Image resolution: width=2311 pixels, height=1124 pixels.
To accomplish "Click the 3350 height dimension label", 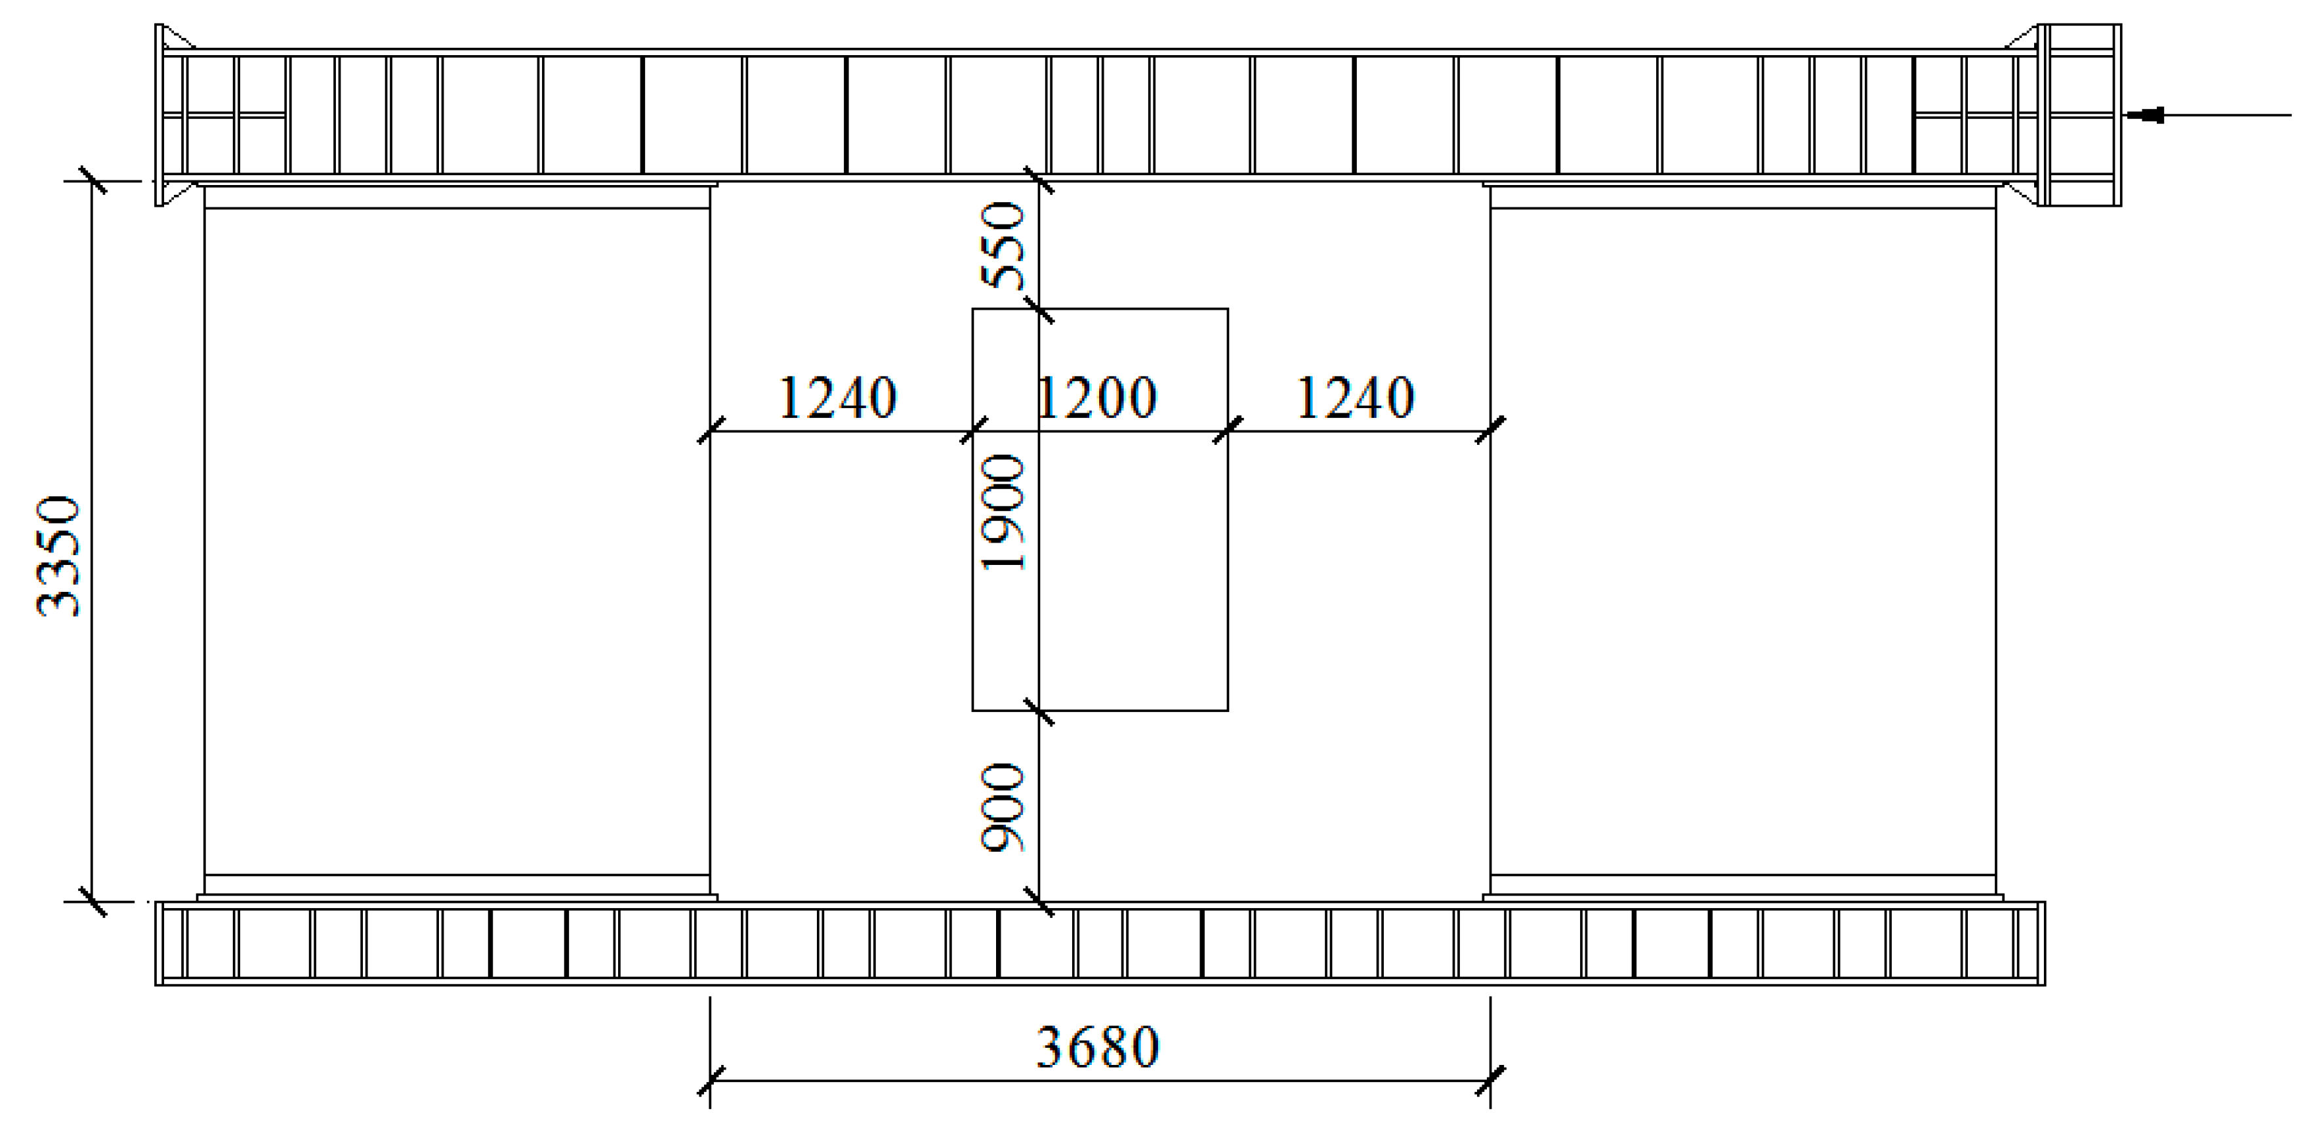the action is click(59, 556).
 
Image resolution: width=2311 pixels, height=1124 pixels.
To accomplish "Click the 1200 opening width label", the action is click(1096, 398).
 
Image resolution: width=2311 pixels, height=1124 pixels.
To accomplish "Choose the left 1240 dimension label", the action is click(837, 398).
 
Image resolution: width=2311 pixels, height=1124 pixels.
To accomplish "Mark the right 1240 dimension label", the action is click(1356, 398).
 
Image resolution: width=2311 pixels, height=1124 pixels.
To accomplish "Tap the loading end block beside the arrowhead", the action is click(2079, 115).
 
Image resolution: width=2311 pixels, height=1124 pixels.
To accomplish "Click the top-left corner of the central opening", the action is click(973, 310).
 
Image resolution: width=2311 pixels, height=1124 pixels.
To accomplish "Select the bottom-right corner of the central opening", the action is click(1227, 711).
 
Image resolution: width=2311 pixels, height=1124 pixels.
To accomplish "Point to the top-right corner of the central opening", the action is click(1227, 310).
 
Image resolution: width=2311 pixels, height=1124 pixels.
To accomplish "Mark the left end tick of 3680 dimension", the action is click(711, 1081).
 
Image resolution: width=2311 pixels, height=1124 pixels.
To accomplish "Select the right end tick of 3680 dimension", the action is click(1490, 1081).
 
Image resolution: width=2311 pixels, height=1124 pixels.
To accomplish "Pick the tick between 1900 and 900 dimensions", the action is click(1039, 711).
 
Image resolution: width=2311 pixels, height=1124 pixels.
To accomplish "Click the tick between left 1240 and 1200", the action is click(973, 430).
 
